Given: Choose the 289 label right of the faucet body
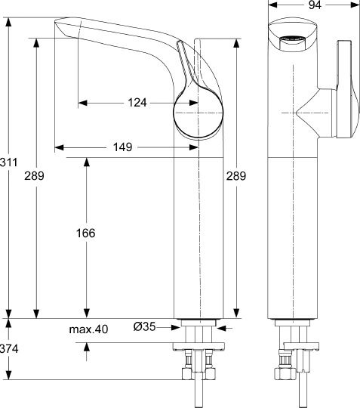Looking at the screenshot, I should click(235, 175).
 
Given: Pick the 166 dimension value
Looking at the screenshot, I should click(87, 233).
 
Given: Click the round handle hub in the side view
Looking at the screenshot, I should click(199, 111).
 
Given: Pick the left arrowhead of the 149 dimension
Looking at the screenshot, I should click(57, 148).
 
